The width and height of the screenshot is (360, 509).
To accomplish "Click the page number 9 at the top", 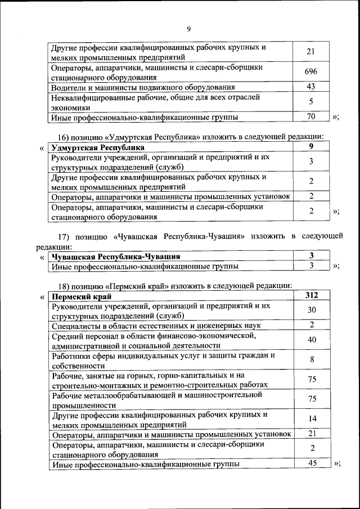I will click(x=188, y=29).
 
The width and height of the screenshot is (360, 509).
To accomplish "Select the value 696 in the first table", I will click(x=311, y=72).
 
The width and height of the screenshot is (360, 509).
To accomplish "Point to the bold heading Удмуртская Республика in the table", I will click(x=97, y=148).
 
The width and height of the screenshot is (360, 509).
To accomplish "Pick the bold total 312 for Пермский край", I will click(x=311, y=295).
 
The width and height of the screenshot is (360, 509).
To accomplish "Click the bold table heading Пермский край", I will click(x=81, y=296).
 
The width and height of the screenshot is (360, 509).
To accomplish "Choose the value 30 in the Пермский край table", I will click(x=311, y=310).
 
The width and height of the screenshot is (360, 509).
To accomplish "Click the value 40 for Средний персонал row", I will click(x=311, y=340).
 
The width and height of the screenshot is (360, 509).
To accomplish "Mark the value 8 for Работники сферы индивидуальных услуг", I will click(x=311, y=360).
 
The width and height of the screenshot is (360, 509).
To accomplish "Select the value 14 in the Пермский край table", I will click(x=311, y=419).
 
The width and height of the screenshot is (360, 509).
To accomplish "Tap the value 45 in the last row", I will click(x=311, y=463).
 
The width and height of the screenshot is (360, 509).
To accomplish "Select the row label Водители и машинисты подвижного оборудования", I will click(x=143, y=87).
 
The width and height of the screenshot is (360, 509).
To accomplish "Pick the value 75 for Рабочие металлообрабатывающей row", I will click(x=311, y=399).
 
